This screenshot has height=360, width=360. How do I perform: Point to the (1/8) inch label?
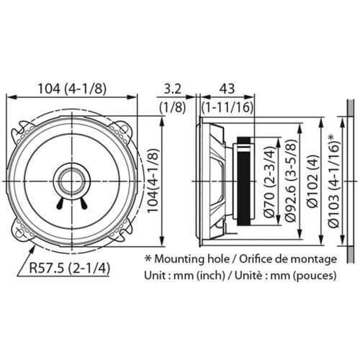[171, 107]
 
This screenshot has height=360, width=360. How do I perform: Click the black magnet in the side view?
[245, 179]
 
